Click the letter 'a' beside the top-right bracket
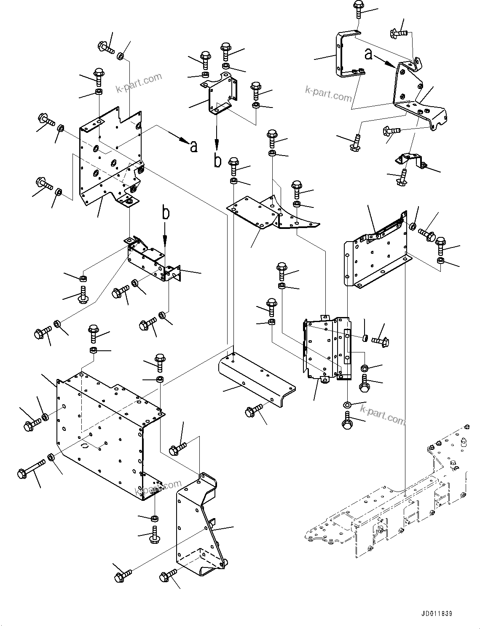tap(368, 54)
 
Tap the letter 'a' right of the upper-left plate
tap(193, 146)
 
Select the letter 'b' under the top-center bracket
tap(217, 161)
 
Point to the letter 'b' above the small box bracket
tap(166, 213)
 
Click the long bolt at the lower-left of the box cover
tap(32, 468)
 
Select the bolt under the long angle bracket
tap(254, 409)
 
